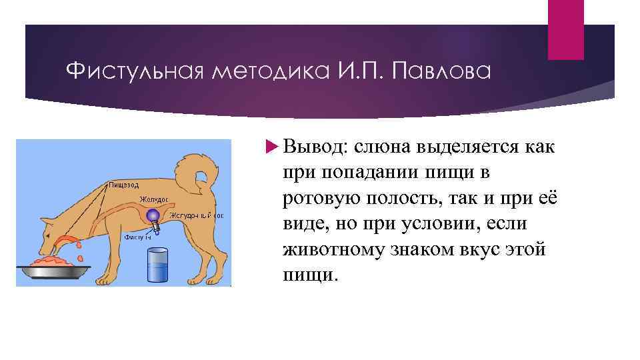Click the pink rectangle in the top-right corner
pyautogui.click(x=565, y=29)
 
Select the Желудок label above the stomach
pyautogui.click(x=155, y=199)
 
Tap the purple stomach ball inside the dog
pyautogui.click(x=153, y=215)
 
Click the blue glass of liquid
pyautogui.click(x=157, y=265)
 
